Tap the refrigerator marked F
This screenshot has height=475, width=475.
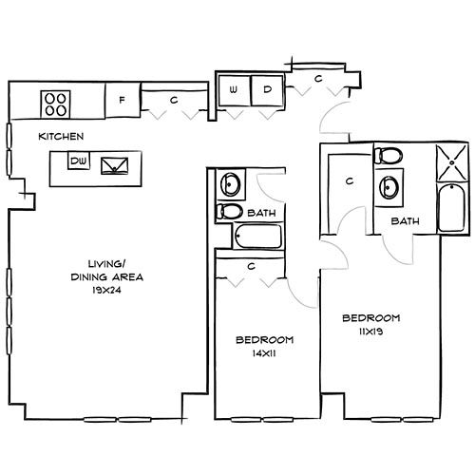(122, 99)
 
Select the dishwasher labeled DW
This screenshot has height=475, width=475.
(79, 162)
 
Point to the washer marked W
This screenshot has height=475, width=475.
(233, 90)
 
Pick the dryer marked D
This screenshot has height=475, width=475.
(267, 90)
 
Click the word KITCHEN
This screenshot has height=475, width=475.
(61, 136)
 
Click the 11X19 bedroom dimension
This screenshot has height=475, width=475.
(370, 331)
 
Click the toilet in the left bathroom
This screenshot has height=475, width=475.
(229, 211)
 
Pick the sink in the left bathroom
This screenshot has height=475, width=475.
(229, 183)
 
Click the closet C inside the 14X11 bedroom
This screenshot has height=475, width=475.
(250, 267)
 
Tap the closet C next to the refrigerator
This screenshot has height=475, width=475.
(174, 99)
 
